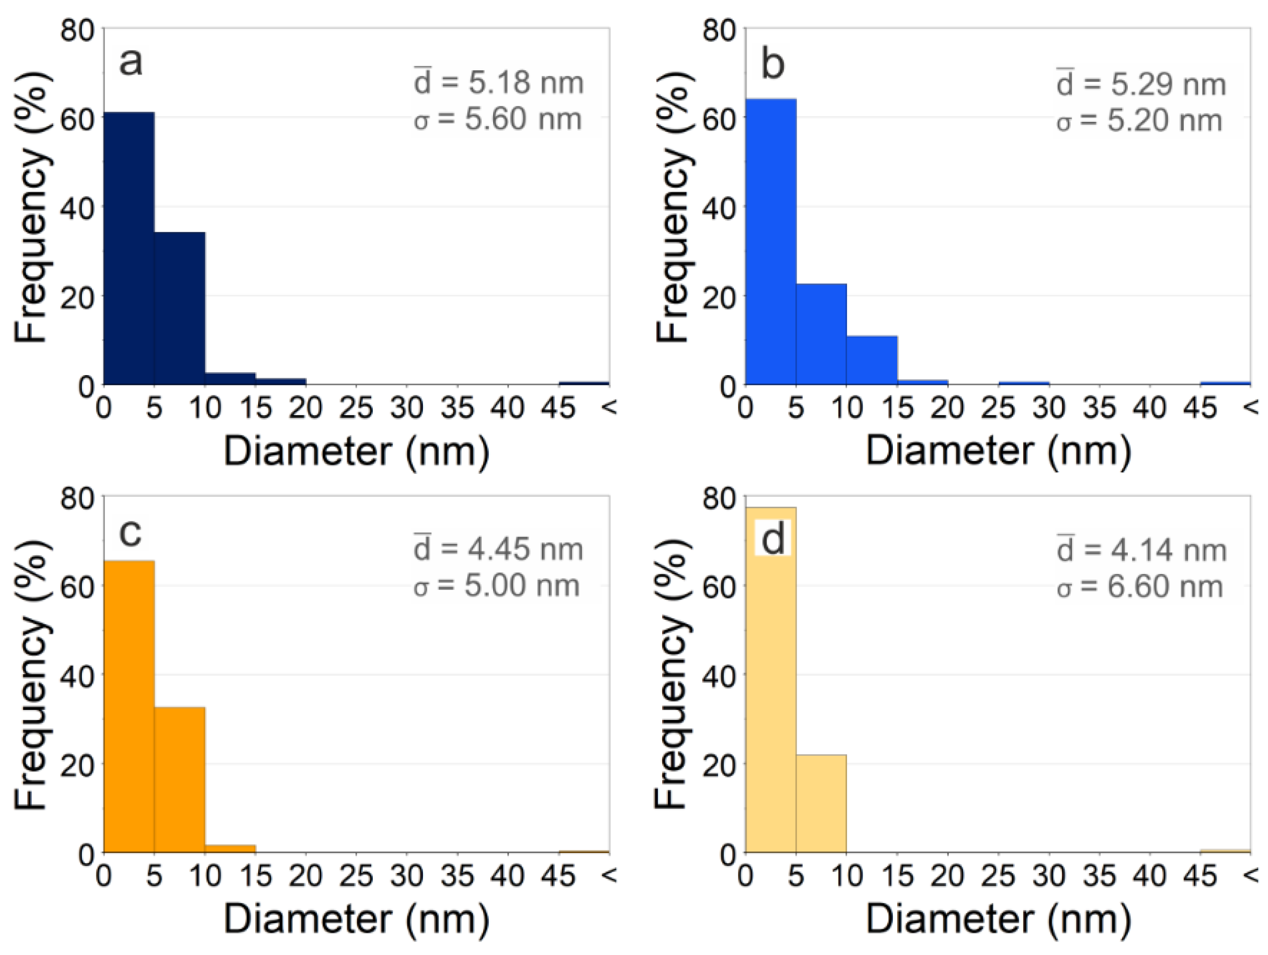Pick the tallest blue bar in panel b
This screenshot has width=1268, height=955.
[x=771, y=241]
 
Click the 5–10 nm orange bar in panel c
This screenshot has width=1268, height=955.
[x=180, y=780]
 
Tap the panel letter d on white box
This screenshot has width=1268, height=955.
[x=773, y=538]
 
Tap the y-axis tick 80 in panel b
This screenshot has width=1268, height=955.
[x=719, y=30]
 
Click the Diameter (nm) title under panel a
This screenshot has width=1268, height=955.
[x=356, y=451]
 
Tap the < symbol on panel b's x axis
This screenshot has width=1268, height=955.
[x=1250, y=407]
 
